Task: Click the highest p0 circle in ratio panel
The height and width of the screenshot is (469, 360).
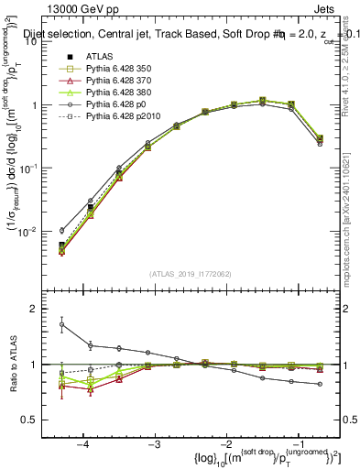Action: pos(61,324)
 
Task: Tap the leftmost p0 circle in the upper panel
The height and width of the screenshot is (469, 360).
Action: pos(61,231)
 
